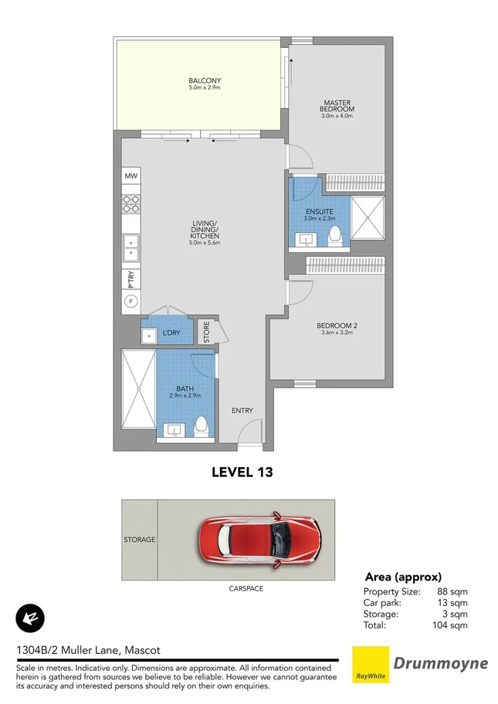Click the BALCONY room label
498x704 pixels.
click(x=205, y=81)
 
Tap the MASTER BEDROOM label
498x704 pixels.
click(x=338, y=106)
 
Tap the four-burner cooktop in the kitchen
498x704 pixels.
click(x=130, y=204)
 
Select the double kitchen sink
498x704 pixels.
click(x=130, y=246)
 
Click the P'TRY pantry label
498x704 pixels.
click(x=130, y=279)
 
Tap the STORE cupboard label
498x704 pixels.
click(x=206, y=332)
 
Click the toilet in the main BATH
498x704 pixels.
click(x=201, y=424)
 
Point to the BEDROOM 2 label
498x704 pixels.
click(x=337, y=326)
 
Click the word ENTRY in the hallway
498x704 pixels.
click(x=242, y=410)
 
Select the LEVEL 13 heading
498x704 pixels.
click(x=242, y=471)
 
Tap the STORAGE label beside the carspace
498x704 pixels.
click(x=139, y=540)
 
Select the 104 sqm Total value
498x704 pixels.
click(x=452, y=625)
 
